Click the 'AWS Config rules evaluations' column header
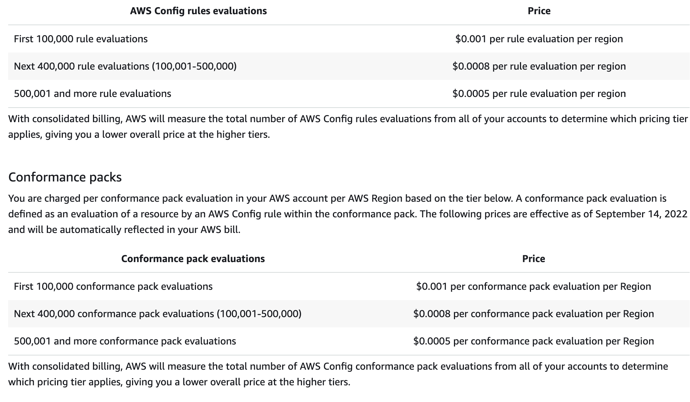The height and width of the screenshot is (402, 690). click(x=198, y=11)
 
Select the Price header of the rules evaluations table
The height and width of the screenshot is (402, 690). click(x=539, y=11)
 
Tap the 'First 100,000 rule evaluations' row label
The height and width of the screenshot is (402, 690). click(x=81, y=39)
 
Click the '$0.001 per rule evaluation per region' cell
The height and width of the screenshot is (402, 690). click(x=539, y=39)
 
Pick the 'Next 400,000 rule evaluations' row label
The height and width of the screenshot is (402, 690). click(x=125, y=66)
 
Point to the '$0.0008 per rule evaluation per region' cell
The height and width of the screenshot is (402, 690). click(x=539, y=66)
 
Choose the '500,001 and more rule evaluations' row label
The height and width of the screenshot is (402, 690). click(x=92, y=93)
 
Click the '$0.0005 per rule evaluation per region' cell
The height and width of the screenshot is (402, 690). click(x=539, y=93)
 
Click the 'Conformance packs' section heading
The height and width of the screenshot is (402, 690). click(x=65, y=177)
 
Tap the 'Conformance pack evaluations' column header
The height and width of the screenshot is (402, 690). click(x=193, y=259)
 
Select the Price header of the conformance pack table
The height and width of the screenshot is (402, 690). click(x=533, y=259)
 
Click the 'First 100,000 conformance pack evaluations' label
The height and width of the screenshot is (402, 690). click(x=113, y=286)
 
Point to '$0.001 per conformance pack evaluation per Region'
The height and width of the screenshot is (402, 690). click(x=533, y=286)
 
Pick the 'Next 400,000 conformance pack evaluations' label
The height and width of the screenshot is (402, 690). click(x=157, y=314)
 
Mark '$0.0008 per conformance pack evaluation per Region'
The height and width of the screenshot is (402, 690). click(x=533, y=314)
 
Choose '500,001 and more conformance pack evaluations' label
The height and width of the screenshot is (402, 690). click(x=125, y=341)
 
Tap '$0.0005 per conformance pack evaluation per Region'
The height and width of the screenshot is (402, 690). click(x=533, y=341)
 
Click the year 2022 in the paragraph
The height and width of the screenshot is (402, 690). click(x=676, y=214)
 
